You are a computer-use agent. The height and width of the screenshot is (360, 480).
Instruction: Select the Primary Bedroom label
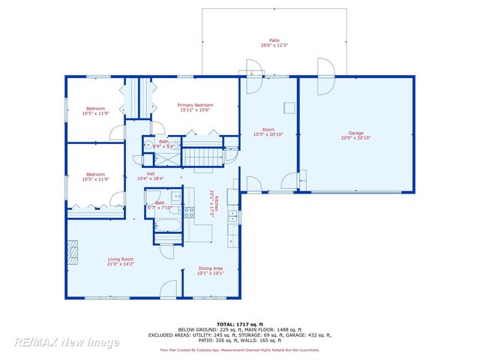coord(195,105)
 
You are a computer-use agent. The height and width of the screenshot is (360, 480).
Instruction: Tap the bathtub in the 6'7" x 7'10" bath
coord(165,225)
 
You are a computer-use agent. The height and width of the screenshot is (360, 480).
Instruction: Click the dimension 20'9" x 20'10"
coord(355,138)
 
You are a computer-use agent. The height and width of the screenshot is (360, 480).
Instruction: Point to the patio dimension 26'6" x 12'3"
coord(274,45)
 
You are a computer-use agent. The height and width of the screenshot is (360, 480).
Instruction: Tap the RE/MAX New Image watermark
coord(67,343)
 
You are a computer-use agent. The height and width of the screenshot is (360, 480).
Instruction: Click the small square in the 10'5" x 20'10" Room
coord(287,106)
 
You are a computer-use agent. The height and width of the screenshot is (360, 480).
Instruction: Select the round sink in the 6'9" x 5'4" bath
coord(149,145)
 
